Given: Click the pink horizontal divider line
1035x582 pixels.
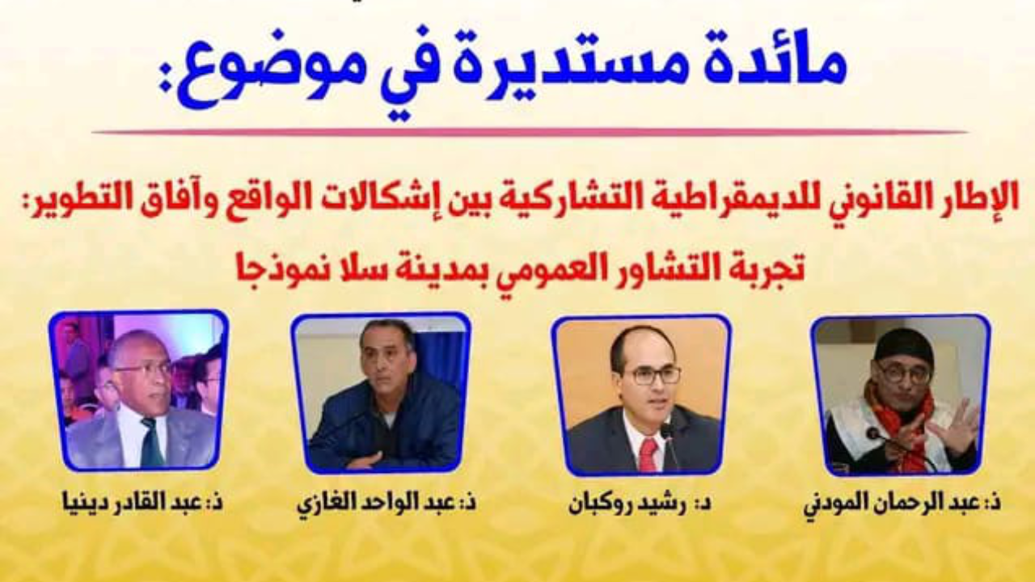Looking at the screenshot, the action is click(530, 133).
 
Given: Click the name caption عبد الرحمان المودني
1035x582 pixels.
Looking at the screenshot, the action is click(902, 504).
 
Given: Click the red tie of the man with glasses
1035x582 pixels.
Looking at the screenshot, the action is click(648, 454).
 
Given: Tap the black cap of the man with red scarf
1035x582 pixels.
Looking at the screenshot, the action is click(902, 348).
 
